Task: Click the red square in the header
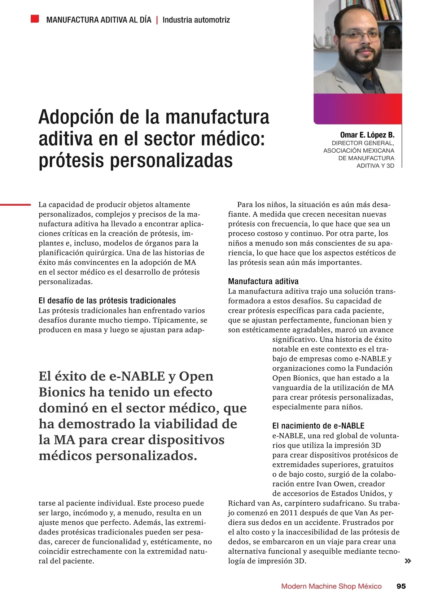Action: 35,19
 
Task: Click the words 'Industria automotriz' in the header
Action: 196,20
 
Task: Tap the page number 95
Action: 401,586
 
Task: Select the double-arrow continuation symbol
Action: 408,561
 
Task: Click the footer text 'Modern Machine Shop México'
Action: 331,586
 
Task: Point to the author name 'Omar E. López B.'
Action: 367,135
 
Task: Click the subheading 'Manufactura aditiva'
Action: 263,281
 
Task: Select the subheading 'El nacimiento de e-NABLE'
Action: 318,426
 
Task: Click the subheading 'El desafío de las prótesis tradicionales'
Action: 107,301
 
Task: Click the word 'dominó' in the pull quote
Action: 63,408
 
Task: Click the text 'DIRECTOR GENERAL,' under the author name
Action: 363,143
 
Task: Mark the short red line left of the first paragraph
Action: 15,205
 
